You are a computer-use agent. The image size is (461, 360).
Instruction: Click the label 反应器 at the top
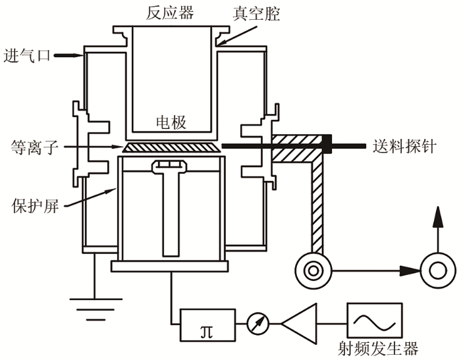(170, 13)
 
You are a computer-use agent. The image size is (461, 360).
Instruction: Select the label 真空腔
(256, 14)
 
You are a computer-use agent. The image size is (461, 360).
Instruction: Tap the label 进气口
(27, 55)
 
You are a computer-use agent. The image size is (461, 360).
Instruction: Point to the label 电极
(171, 122)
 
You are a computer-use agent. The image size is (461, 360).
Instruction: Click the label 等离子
(34, 147)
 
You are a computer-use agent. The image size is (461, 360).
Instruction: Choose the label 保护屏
(35, 206)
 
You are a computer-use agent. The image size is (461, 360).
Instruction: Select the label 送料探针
(404, 146)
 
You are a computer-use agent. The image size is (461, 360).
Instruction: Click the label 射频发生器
(378, 349)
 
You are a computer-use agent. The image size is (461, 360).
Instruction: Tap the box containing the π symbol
(207, 324)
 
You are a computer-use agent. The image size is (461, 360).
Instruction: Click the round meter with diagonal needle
(258, 324)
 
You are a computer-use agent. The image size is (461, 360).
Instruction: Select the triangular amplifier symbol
(299, 324)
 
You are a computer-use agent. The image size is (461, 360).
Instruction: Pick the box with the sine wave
(374, 321)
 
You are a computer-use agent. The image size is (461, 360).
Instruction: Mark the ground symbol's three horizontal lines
(96, 309)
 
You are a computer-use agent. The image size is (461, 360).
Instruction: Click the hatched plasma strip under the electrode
(171, 147)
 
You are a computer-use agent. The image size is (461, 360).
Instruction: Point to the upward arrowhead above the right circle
(438, 217)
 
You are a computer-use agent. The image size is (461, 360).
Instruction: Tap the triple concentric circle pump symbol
(313, 270)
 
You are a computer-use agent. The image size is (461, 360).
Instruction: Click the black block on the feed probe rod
(327, 144)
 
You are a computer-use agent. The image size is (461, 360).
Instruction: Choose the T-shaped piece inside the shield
(169, 208)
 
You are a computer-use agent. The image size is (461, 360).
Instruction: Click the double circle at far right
(438, 270)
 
